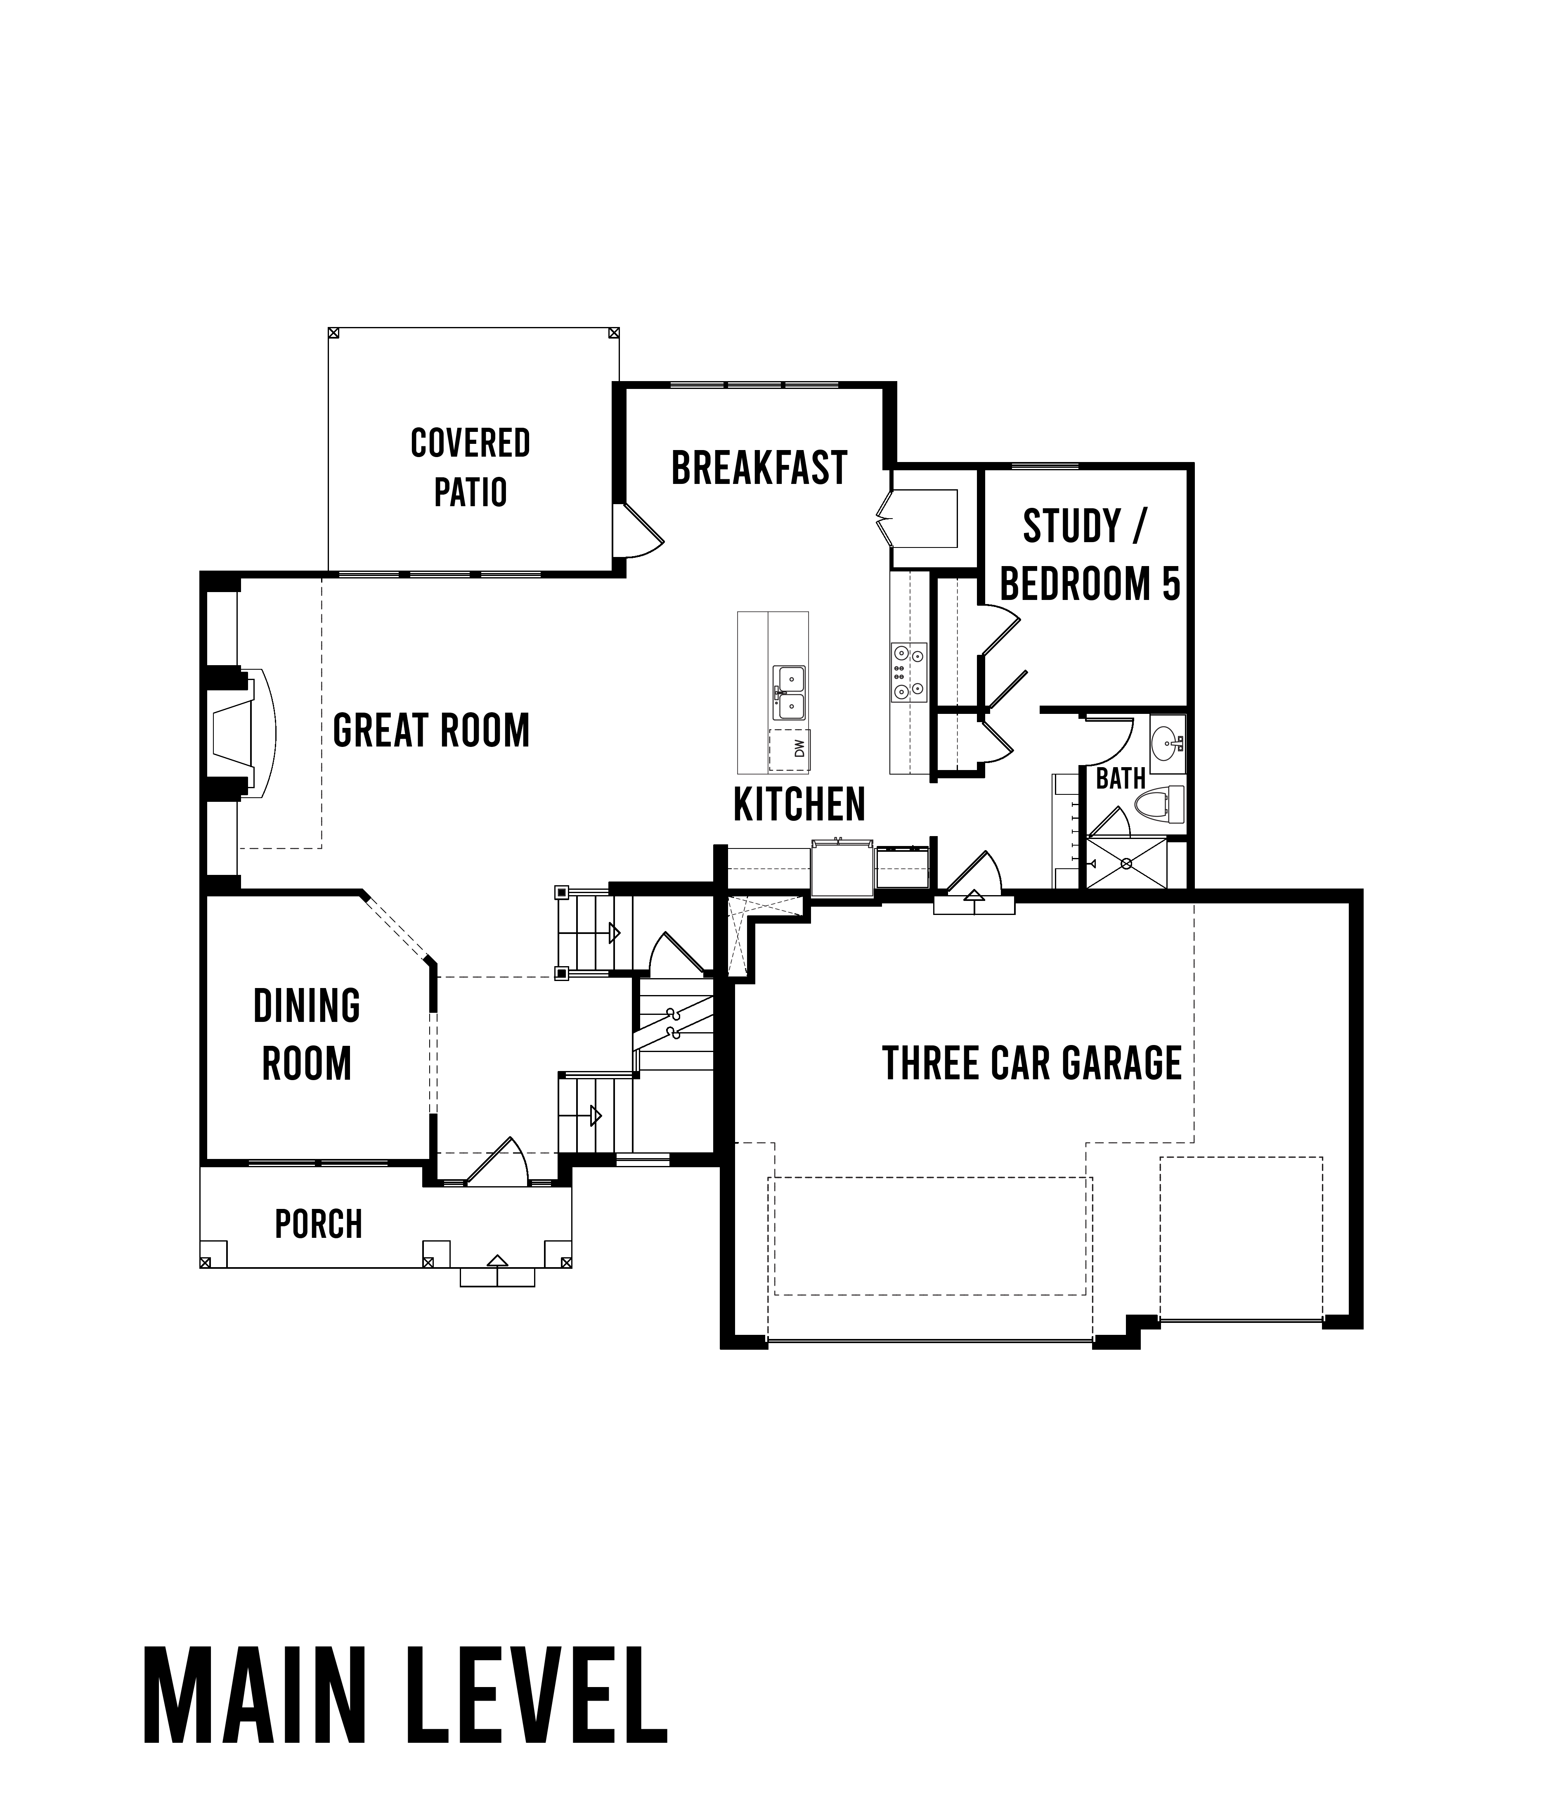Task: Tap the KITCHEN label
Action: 799,805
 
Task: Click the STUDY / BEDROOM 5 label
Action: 1089,555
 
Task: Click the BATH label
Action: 1121,778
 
